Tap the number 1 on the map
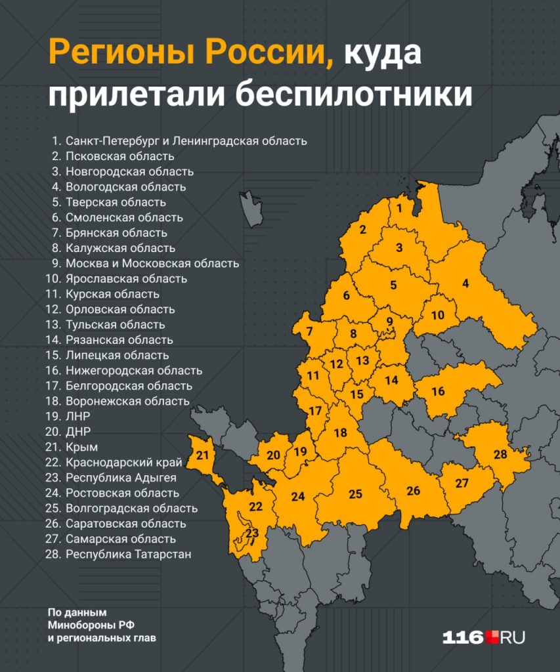click(398, 207)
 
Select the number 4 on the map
click(465, 283)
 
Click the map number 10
click(438, 315)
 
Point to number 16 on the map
click(438, 391)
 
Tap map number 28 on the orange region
click(500, 454)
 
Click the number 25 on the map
click(355, 493)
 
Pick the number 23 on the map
click(252, 533)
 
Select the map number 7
click(309, 331)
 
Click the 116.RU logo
click(483, 637)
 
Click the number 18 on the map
click(340, 433)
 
